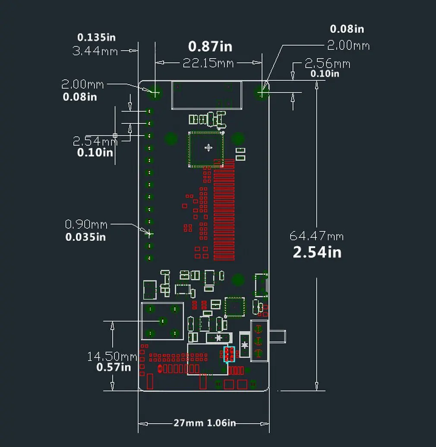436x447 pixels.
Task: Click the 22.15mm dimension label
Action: pyautogui.click(x=208, y=63)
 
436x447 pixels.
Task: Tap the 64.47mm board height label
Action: pyautogui.click(x=316, y=236)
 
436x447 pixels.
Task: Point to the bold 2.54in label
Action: pyautogui.click(x=317, y=252)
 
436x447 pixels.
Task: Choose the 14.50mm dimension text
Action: pyautogui.click(x=112, y=357)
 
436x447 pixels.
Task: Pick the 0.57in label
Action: pyautogui.click(x=113, y=368)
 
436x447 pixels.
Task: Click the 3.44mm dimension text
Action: pyautogui.click(x=95, y=51)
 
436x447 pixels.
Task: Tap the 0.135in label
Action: pyautogui.click(x=96, y=38)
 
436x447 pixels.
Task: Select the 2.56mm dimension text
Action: pyautogui.click(x=327, y=64)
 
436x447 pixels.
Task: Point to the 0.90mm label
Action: pyautogui.click(x=86, y=224)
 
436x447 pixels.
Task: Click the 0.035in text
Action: pyautogui.click(x=85, y=237)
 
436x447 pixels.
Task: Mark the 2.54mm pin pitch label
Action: pyautogui.click(x=95, y=141)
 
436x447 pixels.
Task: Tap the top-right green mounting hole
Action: pyautogui.click(x=262, y=92)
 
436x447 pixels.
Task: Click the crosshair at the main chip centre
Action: pyautogui.click(x=209, y=148)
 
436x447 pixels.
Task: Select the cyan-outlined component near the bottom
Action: pyautogui.click(x=229, y=355)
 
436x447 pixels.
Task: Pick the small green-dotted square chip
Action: pyautogui.click(x=234, y=305)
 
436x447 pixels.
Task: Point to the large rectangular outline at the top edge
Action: pyautogui.click(x=206, y=95)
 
